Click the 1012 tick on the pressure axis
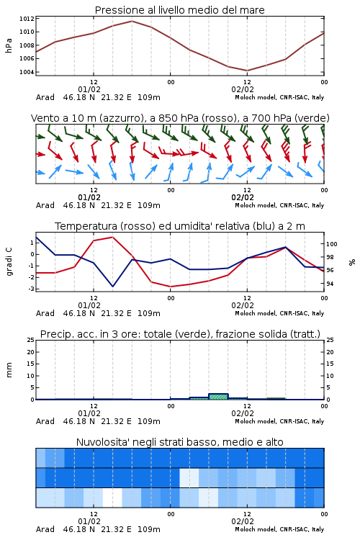27,19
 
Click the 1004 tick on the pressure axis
27,72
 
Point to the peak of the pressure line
132,21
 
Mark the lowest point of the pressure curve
247,71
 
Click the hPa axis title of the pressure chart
9,45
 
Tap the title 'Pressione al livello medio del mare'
180,10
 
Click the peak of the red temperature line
112,237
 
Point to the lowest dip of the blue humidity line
112,286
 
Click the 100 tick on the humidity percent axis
332,244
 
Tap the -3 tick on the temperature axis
31,289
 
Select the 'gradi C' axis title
9,262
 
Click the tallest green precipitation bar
218,397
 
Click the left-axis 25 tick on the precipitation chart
31,340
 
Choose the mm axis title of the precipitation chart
9,370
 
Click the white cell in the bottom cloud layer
112,498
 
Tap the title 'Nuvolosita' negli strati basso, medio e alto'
180,442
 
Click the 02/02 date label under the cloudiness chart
243,521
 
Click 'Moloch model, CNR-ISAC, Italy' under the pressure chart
279,97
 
